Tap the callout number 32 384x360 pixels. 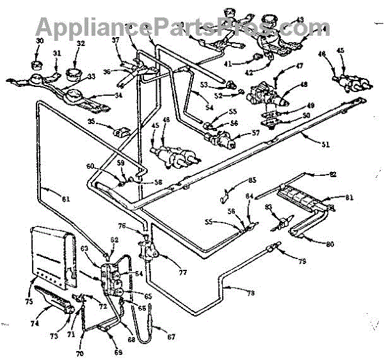point(81,43)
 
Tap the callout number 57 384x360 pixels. point(255,134)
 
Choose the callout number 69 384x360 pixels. point(118,352)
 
